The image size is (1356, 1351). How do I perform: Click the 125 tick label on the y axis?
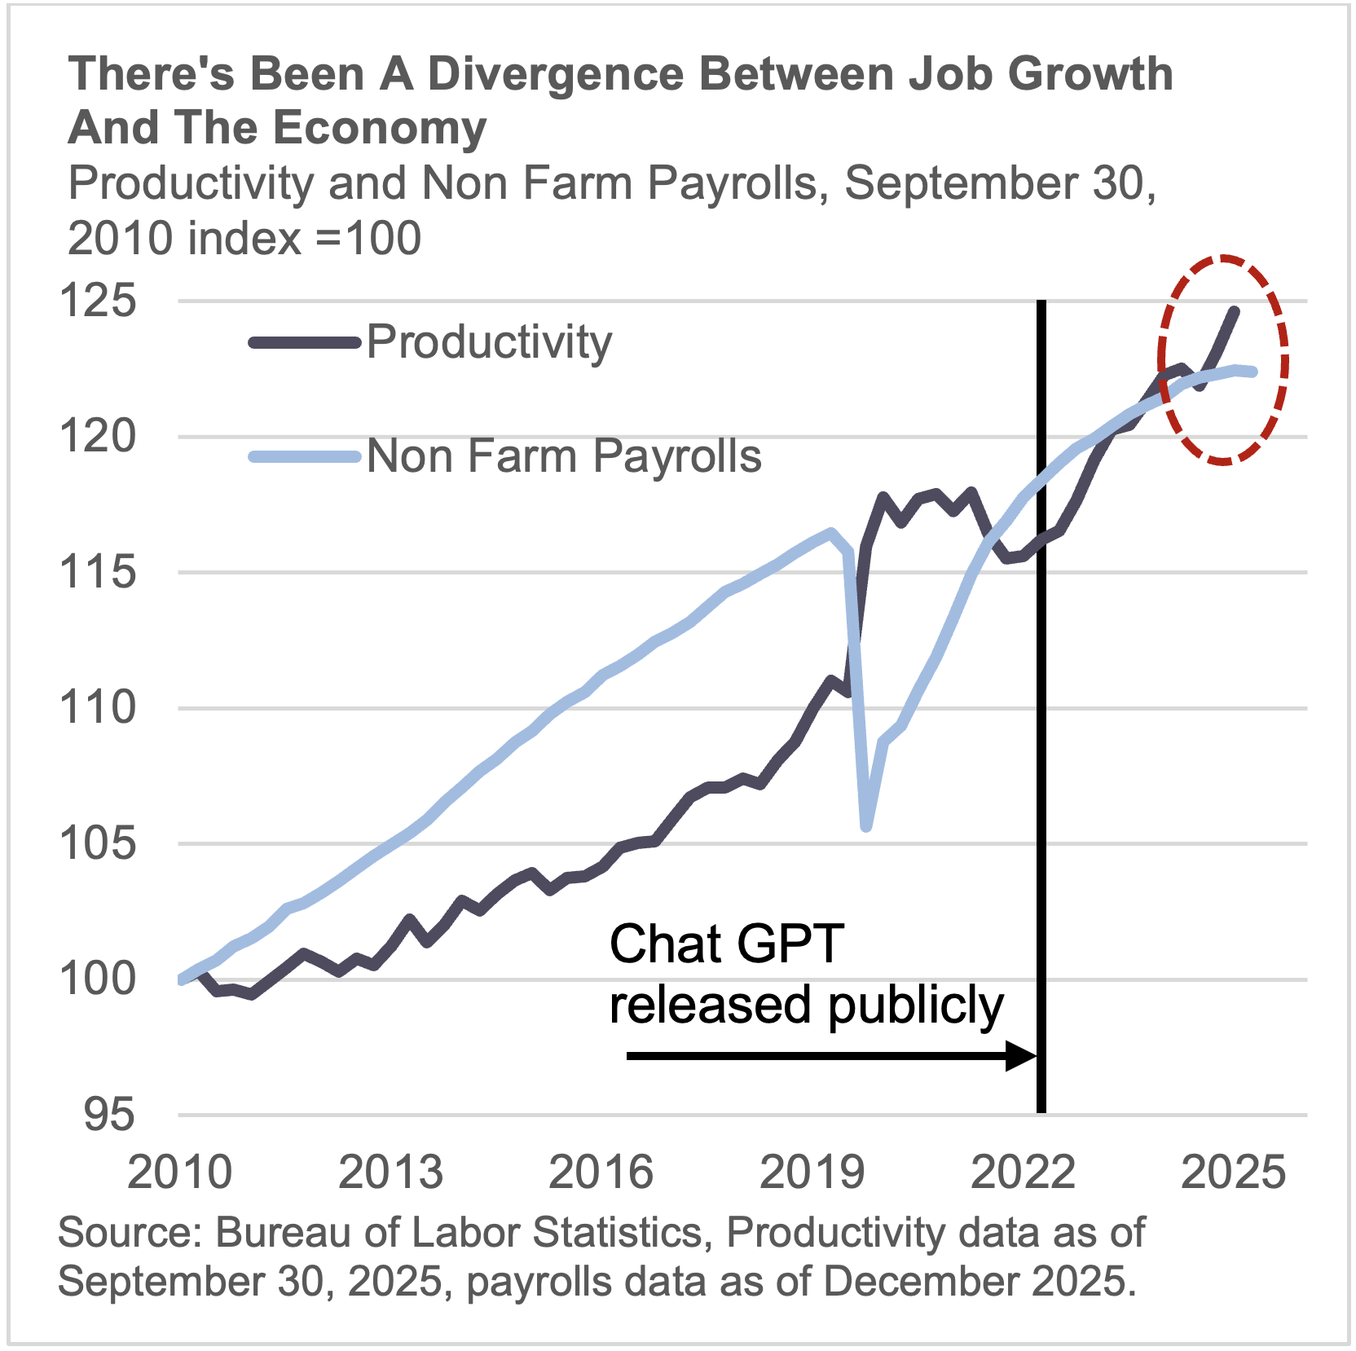98,301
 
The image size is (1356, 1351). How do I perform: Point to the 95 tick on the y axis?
109,1115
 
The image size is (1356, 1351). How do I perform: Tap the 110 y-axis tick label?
98,707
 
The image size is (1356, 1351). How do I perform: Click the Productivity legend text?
489,342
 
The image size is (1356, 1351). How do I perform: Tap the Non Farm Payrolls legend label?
564,456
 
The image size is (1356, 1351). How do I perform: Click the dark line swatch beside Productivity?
304,343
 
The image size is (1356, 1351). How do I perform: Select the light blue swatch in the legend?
304,457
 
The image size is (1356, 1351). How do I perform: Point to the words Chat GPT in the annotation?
726,945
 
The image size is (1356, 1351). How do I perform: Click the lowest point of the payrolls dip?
866,826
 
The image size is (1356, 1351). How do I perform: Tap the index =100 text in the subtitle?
304,239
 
